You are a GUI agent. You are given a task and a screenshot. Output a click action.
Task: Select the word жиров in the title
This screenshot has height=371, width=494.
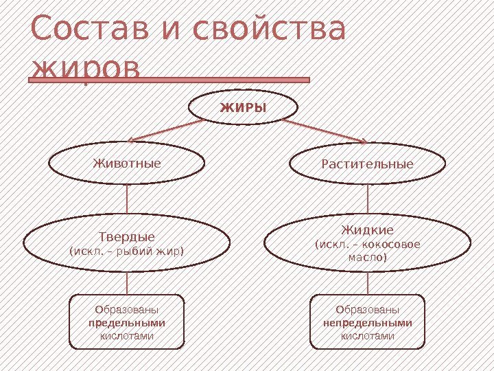point(86,69)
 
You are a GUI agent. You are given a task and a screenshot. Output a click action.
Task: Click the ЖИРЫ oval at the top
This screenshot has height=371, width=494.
point(243,108)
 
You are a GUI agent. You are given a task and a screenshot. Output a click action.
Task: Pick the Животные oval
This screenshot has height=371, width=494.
point(127,164)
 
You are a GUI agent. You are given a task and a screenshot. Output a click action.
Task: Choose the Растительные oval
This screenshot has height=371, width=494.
point(368,165)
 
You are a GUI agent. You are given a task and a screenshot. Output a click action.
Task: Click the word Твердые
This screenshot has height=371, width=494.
point(128,238)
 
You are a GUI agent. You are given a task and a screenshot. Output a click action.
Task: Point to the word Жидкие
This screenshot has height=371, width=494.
point(368,229)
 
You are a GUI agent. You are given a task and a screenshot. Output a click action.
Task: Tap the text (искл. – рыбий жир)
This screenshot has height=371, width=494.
point(128,251)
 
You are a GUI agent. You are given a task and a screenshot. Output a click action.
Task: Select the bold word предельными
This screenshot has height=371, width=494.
point(128,323)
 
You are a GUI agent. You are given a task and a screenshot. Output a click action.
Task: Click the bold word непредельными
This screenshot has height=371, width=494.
point(368,323)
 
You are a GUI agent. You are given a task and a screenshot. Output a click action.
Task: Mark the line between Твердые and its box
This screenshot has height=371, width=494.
point(128,283)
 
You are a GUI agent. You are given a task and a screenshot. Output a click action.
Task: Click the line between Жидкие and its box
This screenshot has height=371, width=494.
point(368,283)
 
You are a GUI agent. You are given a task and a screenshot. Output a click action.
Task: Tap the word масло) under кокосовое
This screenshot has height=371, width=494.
point(368,258)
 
